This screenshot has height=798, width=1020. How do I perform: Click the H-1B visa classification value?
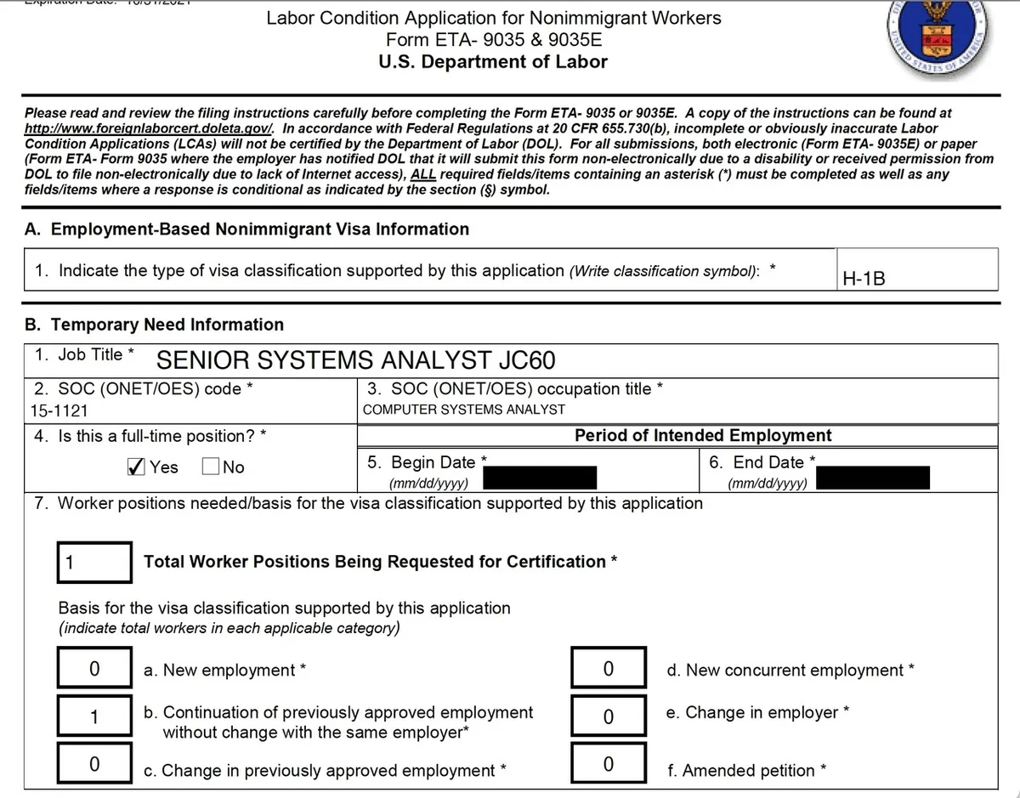[x=863, y=277]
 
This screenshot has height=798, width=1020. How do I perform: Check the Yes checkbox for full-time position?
[x=134, y=467]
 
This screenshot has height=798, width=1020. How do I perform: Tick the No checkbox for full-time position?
[x=211, y=467]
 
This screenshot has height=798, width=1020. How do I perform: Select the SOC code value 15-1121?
[x=59, y=410]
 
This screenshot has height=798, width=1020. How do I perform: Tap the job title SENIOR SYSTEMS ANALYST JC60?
[x=356, y=360]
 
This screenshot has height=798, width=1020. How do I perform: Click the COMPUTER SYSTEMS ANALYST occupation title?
[x=463, y=409]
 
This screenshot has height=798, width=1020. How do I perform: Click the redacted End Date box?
[x=875, y=477]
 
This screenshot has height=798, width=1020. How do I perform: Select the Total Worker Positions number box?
[x=94, y=562]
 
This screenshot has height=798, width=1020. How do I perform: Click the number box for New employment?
[x=94, y=669]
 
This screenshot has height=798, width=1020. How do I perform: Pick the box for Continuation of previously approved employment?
[x=94, y=716]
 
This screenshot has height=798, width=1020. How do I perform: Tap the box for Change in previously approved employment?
[x=94, y=764]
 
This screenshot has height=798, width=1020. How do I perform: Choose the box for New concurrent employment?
[x=608, y=669]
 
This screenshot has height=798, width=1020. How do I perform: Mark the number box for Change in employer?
[x=608, y=716]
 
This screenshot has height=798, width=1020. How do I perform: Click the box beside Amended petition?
[x=608, y=764]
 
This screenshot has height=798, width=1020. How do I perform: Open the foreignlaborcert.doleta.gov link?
[x=149, y=128]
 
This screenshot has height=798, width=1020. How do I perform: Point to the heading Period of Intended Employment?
[x=703, y=435]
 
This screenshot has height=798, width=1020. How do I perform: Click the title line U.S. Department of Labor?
[x=493, y=61]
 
